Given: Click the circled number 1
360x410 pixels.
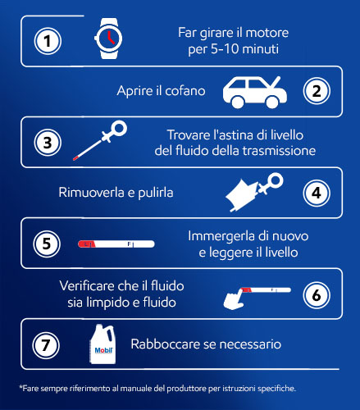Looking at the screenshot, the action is tap(48, 41).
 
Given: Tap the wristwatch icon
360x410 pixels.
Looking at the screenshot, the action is tap(108, 39).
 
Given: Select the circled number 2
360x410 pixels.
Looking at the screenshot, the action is tap(317, 91).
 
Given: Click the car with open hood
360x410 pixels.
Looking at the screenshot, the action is tap(255, 93).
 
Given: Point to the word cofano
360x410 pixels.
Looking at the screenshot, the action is tap(185, 91).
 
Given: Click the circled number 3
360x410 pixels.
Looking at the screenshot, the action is tap(48, 143).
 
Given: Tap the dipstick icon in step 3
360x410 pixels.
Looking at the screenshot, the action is tap(100, 140).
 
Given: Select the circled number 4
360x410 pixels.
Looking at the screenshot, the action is tap(317, 193).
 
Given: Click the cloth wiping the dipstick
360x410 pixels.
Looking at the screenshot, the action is tap(241, 194).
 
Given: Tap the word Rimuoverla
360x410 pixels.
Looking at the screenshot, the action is tap(91, 193).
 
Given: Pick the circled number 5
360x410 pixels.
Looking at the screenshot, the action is tap(47, 244).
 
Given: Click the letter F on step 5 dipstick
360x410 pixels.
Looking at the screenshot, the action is tap(130, 244).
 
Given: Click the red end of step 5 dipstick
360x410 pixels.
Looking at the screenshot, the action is tap(87, 244).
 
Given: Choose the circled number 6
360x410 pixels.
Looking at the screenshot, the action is tap(317, 295).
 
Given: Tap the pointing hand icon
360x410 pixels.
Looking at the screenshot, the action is tap(234, 299).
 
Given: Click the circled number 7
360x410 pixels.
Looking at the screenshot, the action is tap(46, 345).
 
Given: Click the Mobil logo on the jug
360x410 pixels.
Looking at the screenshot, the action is tap(103, 350).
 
